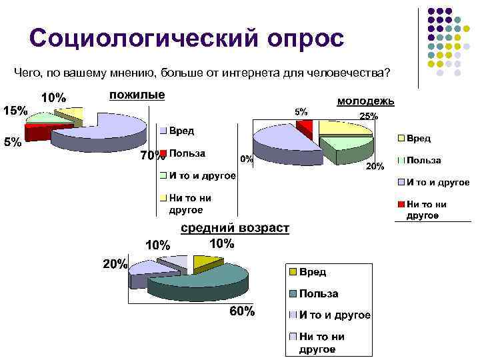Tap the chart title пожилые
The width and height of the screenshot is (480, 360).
tap(137, 95)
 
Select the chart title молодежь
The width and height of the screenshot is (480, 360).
tap(366, 101)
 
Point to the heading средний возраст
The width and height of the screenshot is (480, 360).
tap(235, 229)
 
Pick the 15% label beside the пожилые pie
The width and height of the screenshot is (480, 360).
tap(15, 111)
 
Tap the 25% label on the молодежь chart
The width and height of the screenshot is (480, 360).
tap(369, 116)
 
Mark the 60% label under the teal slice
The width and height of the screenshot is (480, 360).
tap(242, 311)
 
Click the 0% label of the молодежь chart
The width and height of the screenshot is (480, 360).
tap(246, 159)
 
